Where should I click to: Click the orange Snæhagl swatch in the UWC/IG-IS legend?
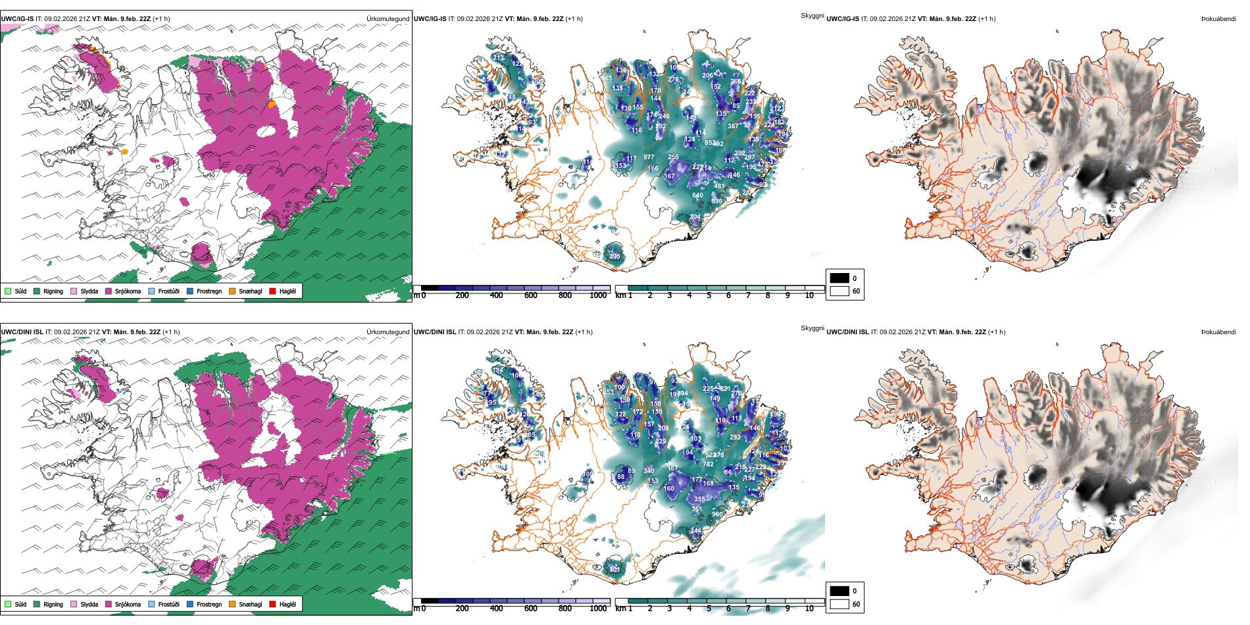[x=232, y=291]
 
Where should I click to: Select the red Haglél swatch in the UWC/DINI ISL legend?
[x=272, y=604]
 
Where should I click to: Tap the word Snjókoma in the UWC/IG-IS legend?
[x=128, y=291]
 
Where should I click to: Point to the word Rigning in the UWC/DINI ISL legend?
[x=53, y=604]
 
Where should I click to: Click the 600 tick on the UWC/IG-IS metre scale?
[x=531, y=295]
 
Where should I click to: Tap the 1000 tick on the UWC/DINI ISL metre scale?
[x=598, y=609]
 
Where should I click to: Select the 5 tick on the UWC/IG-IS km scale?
[x=709, y=295]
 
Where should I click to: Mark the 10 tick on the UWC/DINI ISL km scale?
[x=809, y=609]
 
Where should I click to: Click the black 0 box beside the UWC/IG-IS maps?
[x=839, y=278]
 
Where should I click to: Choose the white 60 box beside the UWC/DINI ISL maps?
[x=839, y=604]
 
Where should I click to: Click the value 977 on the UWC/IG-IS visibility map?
[x=649, y=157]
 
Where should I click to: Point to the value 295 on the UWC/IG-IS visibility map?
[x=614, y=257]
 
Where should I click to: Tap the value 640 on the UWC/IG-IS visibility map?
[x=697, y=195]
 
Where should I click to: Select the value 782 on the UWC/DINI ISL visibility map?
[x=708, y=464]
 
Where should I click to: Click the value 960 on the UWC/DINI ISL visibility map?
[x=717, y=514]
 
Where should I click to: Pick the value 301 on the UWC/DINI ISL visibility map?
[x=614, y=570]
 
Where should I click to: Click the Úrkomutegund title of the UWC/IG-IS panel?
[x=387, y=19]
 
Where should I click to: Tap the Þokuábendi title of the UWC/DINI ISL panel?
[x=1218, y=332]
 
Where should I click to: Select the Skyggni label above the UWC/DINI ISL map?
[x=812, y=328]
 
